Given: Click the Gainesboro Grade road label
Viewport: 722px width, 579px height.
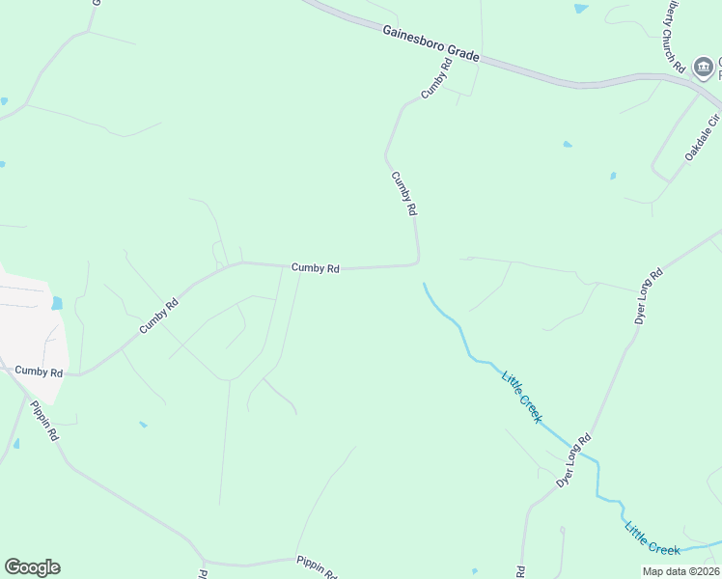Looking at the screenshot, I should pos(430,43).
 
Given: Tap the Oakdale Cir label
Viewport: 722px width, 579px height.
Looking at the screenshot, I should pos(703,139).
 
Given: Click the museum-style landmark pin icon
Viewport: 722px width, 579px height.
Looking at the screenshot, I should pos(705,68).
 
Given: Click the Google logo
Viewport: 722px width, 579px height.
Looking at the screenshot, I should pos(32,567).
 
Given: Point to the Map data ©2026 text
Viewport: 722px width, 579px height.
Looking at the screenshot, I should pos(680,570).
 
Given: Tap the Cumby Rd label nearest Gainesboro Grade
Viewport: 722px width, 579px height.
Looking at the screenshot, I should pos(436,79).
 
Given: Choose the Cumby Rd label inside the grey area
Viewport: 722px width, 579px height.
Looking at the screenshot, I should pos(39,372).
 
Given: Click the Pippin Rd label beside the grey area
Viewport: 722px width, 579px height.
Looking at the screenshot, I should pos(44,421).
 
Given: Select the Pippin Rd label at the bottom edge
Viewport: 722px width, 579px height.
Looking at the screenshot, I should pos(317,566).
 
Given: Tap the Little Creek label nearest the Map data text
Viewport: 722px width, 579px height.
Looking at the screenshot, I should pos(653,538).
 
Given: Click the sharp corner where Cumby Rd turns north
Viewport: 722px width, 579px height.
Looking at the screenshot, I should pos(417,262).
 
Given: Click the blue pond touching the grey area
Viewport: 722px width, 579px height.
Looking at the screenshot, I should pos(57,303).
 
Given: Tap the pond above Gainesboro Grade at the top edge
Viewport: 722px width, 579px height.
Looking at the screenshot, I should pos(580,9).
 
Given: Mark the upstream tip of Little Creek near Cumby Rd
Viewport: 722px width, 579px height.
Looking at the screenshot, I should pos(424,284).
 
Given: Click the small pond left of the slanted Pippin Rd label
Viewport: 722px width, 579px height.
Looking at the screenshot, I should pos(16,444).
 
